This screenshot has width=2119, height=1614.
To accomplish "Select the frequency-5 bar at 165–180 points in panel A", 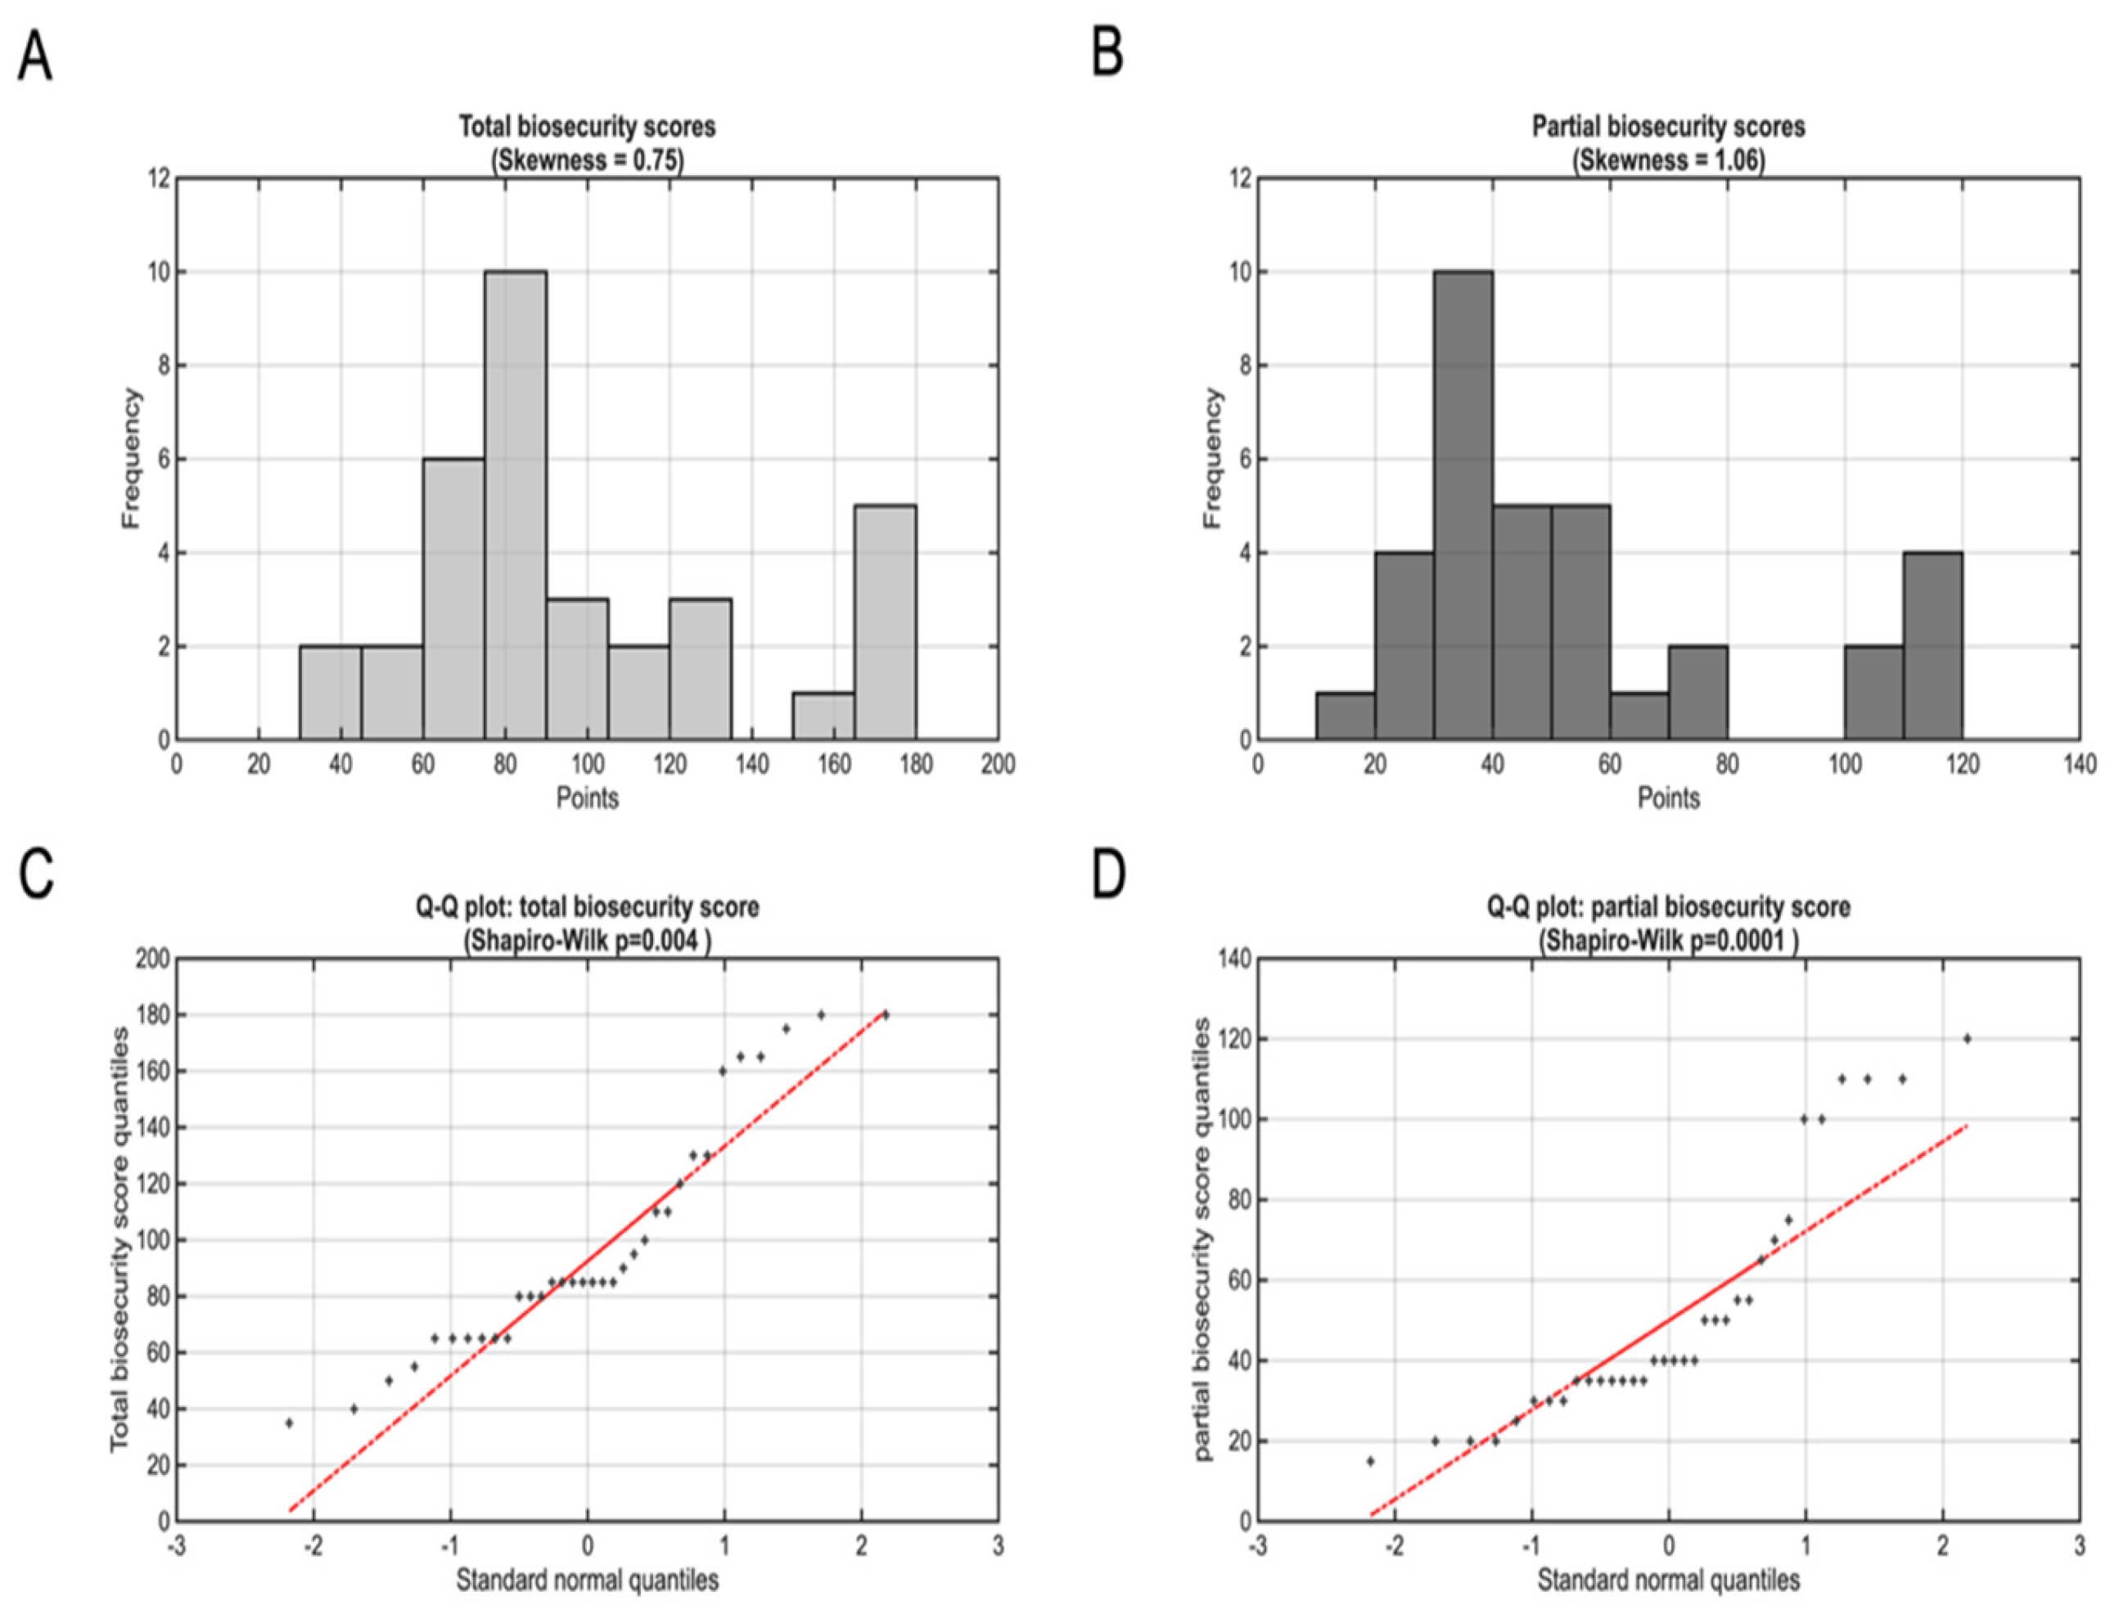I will (884, 623).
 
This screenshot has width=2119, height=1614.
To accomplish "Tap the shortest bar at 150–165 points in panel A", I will (823, 717).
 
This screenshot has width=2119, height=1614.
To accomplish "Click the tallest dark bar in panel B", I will (1463, 505).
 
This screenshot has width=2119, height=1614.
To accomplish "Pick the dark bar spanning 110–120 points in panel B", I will (1932, 645).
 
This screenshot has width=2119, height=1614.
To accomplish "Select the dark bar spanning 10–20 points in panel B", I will (1345, 717).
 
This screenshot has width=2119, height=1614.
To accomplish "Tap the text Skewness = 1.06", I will (1668, 160).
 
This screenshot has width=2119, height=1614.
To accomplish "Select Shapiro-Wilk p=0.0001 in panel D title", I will (1668, 941).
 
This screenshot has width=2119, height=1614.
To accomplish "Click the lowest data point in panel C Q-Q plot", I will (288, 1423).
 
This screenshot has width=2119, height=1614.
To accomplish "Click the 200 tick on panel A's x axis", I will (998, 765).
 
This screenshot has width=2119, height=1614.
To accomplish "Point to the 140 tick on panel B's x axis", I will (2080, 765).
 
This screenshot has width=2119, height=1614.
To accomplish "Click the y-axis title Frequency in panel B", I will (1213, 458).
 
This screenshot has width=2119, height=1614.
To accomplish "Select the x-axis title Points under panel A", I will (587, 798).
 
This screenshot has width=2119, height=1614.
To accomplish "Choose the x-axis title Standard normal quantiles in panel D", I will (1668, 1580).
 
